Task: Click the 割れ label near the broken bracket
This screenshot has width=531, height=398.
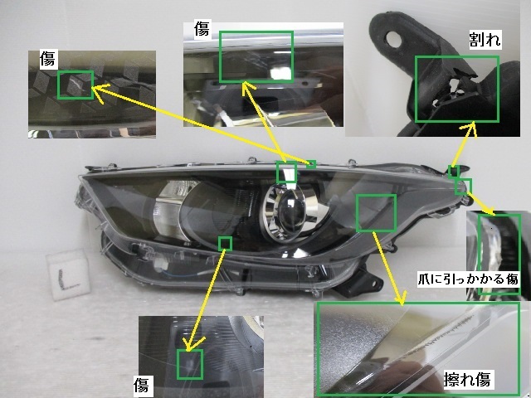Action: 485,40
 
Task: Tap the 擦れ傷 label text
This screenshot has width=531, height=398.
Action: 467,379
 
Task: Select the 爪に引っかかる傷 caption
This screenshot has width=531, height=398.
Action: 468,279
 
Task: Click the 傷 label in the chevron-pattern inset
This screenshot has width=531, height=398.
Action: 47,59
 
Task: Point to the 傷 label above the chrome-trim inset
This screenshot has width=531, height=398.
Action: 202,28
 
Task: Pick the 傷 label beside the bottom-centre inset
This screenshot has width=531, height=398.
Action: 141,385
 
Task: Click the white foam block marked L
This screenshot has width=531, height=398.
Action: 68,274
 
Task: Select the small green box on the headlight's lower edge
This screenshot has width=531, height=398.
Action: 225,244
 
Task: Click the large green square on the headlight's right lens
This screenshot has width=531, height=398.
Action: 376,213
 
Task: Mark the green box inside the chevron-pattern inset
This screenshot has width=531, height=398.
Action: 76,85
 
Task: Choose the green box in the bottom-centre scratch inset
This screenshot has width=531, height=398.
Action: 190,364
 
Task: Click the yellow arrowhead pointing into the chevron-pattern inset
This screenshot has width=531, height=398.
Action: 99,90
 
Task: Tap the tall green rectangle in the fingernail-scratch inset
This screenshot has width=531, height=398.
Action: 499,255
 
